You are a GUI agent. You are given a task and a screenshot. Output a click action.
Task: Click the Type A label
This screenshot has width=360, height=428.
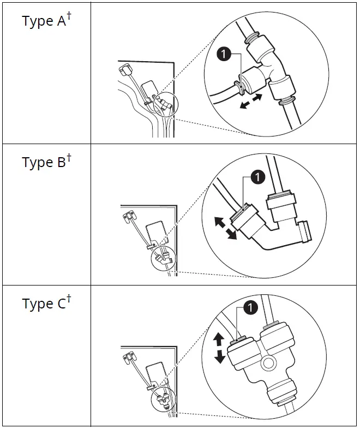coord(44,21)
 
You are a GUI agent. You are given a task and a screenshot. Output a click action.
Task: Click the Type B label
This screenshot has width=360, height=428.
coord(44,162)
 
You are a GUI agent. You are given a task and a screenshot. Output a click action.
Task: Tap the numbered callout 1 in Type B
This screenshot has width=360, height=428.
coord(259,177)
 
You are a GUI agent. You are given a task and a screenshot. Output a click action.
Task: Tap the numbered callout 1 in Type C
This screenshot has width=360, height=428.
coord(250,308)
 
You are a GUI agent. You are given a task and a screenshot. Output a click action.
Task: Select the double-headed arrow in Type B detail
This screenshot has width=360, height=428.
coord(225,227)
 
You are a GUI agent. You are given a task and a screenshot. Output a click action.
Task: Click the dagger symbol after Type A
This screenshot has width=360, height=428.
coord(69,16)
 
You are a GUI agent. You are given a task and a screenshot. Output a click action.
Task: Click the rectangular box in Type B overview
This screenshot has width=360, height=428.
coord(157,232)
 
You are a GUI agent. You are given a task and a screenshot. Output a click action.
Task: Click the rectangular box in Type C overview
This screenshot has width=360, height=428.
coord(157,373)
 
